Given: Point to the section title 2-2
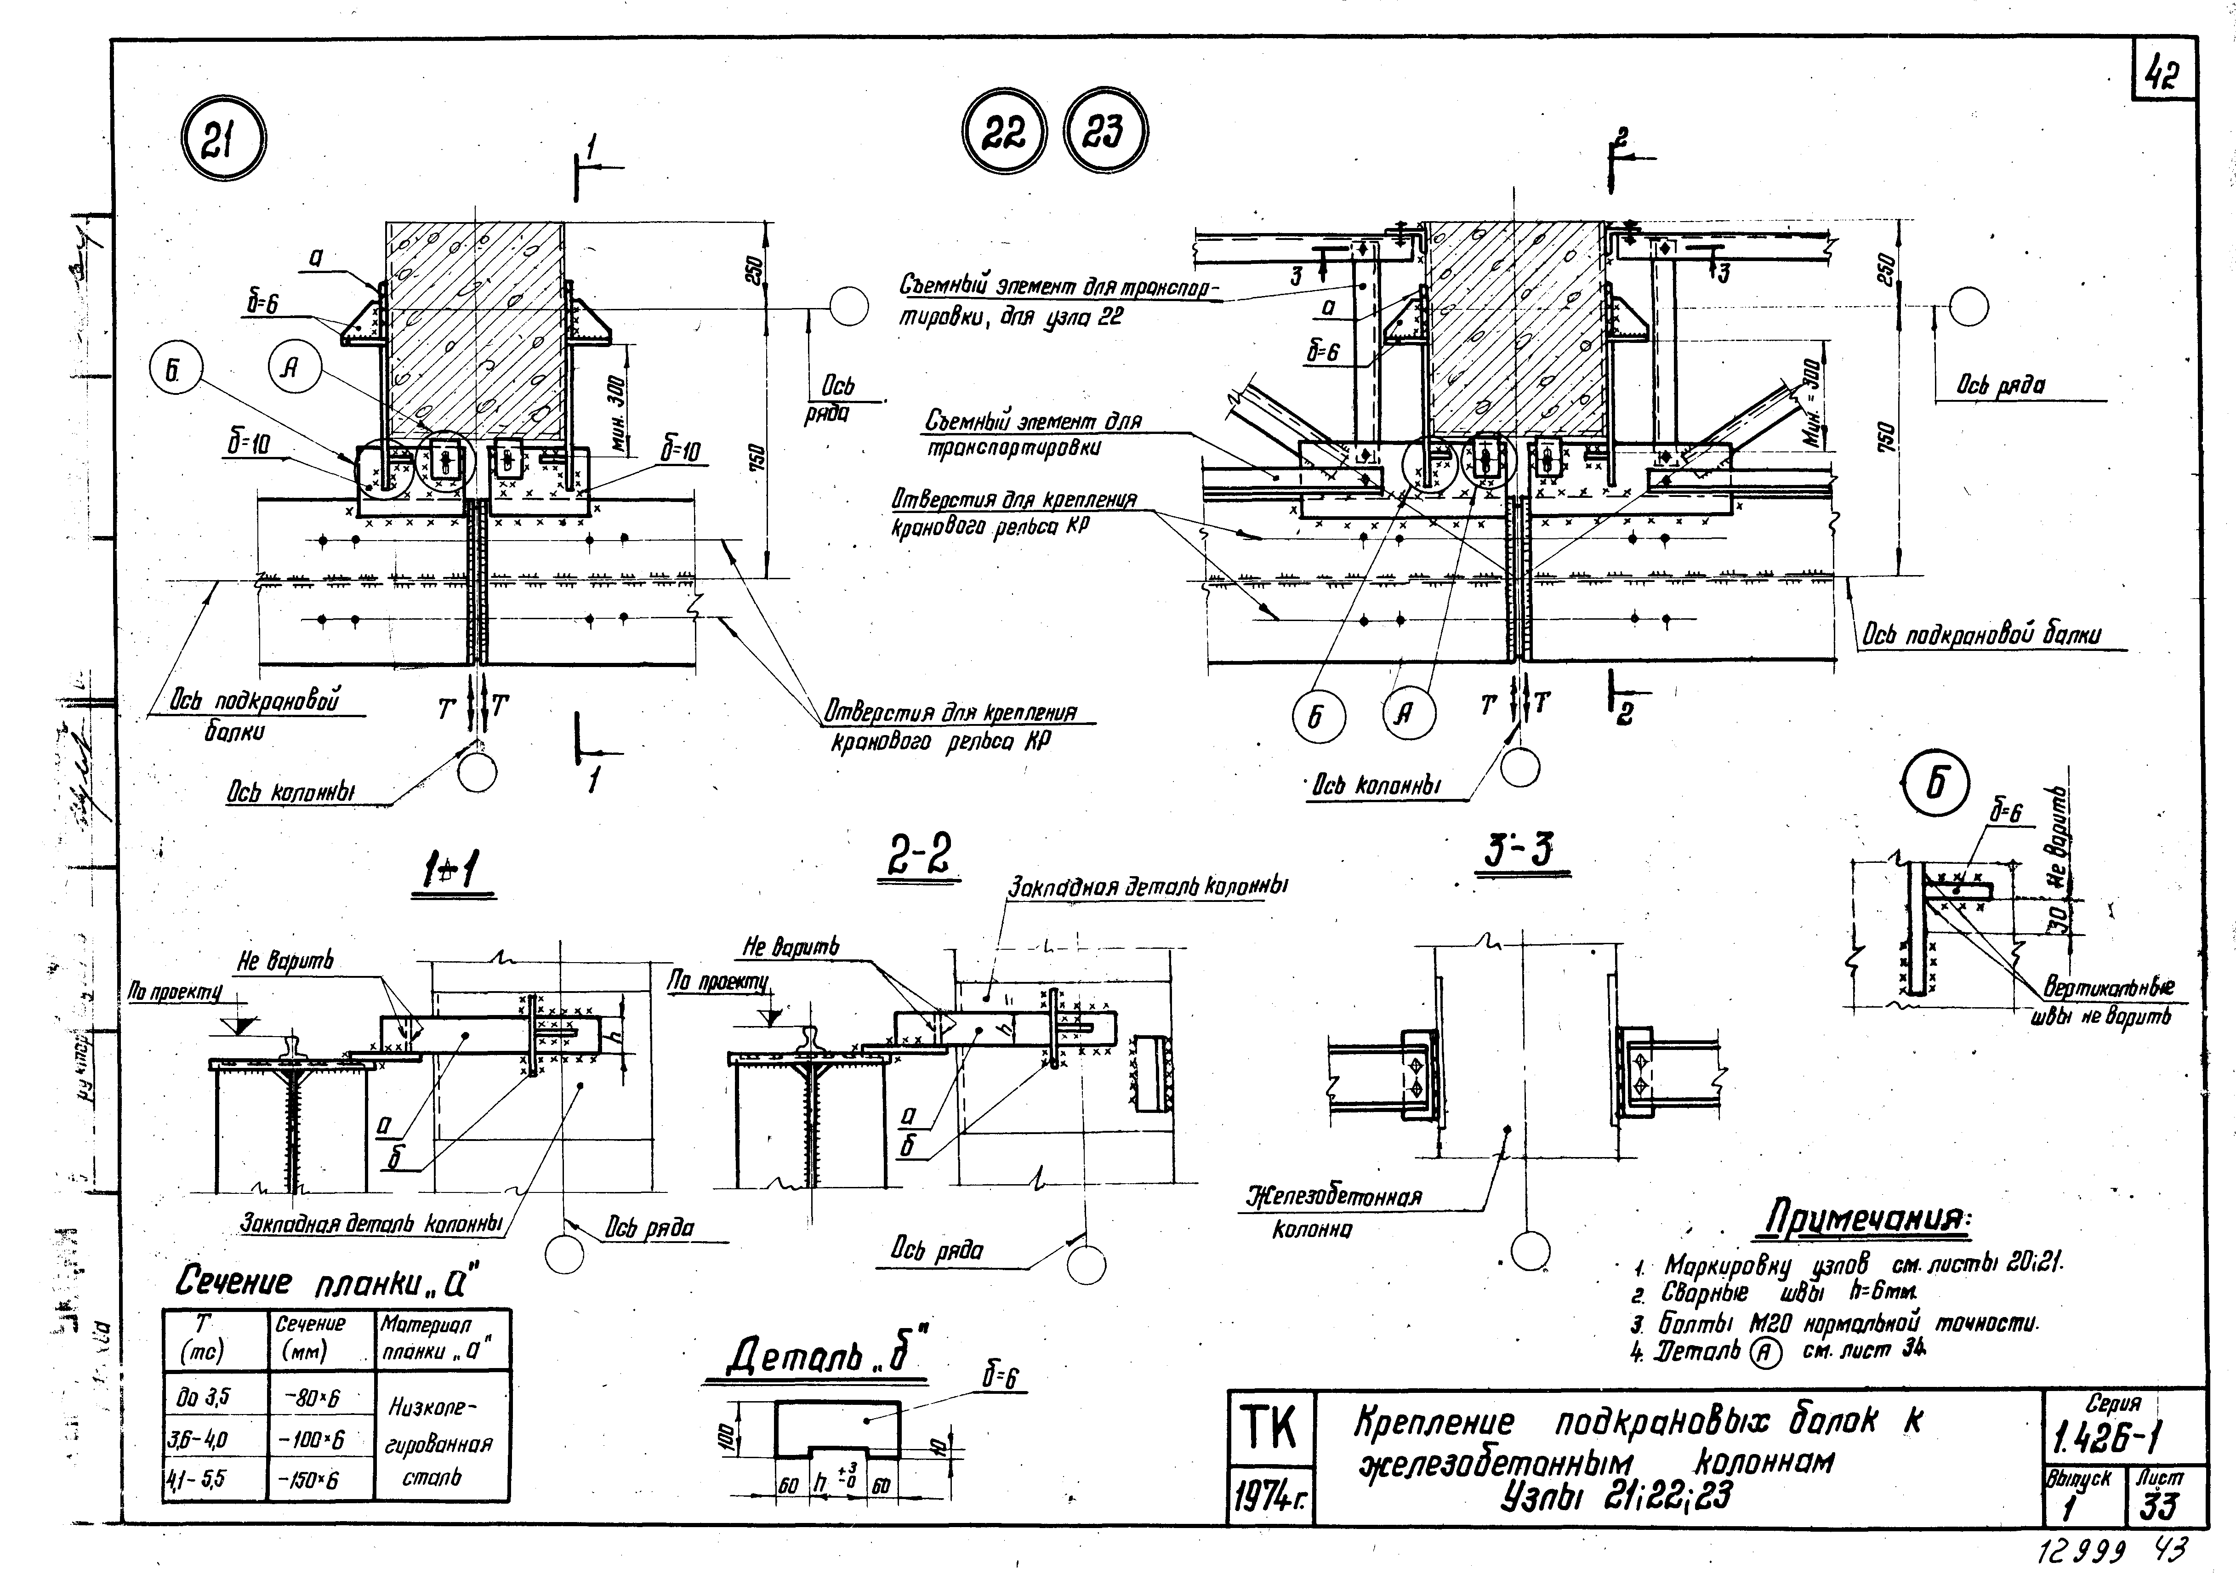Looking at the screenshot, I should click(917, 857).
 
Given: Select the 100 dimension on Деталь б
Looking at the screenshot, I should click(724, 1435).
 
